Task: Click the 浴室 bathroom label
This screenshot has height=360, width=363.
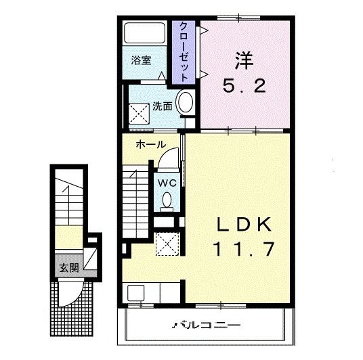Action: pos(142,61)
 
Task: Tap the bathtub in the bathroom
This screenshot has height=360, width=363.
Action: pos(145,32)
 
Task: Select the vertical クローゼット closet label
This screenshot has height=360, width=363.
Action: pos(184,52)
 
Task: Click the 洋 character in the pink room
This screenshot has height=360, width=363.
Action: pos(244,61)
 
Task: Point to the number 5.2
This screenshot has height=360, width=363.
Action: pos(244,86)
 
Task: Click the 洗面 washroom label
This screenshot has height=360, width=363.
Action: pos(163,106)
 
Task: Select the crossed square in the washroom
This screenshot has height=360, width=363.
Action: pos(139,114)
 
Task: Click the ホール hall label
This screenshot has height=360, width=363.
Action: pos(151,145)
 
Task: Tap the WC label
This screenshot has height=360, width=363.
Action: pos(167,183)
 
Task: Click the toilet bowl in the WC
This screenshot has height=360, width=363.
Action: pos(167,200)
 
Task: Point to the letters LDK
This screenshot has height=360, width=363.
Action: pos(244,225)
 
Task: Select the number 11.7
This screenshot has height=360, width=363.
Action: pos(244,249)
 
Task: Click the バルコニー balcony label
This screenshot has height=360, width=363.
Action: pos(206,325)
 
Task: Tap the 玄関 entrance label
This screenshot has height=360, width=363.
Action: pos(69,268)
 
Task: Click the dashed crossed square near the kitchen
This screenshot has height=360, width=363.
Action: pos(167,244)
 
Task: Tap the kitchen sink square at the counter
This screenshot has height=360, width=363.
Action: pos(136,293)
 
